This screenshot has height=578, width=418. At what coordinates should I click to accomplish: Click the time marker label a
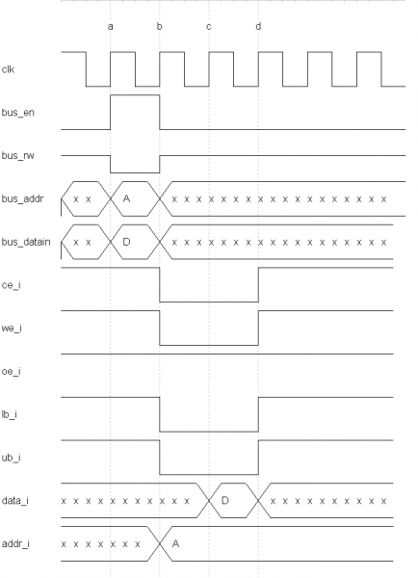[x=110, y=27]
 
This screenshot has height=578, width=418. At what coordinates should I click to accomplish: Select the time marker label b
[x=159, y=26]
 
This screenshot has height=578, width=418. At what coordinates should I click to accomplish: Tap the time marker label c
[x=209, y=27]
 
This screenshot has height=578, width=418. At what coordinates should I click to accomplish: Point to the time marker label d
[x=258, y=26]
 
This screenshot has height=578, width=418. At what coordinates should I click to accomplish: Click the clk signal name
[x=8, y=69]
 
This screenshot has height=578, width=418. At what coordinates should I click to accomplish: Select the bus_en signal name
[x=18, y=113]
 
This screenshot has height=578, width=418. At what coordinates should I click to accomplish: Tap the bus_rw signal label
[x=17, y=155]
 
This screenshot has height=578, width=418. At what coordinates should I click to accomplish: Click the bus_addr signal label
[x=22, y=198]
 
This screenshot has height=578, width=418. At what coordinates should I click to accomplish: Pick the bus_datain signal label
[x=26, y=242]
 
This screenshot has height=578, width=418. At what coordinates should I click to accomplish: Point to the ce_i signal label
[x=11, y=285]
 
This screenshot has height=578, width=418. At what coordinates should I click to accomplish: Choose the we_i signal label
[x=12, y=328]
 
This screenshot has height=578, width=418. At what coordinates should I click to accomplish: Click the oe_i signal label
[x=11, y=371]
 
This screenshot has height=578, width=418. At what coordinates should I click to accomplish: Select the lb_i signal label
[x=10, y=414]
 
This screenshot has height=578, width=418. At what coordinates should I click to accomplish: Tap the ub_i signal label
[x=11, y=458]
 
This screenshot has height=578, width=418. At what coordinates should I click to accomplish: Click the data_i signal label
[x=15, y=501]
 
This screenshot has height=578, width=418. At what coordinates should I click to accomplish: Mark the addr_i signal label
[x=15, y=543]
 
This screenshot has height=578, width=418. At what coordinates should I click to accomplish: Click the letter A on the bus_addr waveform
[x=126, y=198]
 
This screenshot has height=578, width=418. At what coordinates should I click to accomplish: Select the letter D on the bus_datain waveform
[x=126, y=242]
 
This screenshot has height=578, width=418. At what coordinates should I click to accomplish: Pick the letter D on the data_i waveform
[x=224, y=500]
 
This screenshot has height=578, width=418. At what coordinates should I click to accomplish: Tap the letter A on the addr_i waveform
[x=176, y=543]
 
